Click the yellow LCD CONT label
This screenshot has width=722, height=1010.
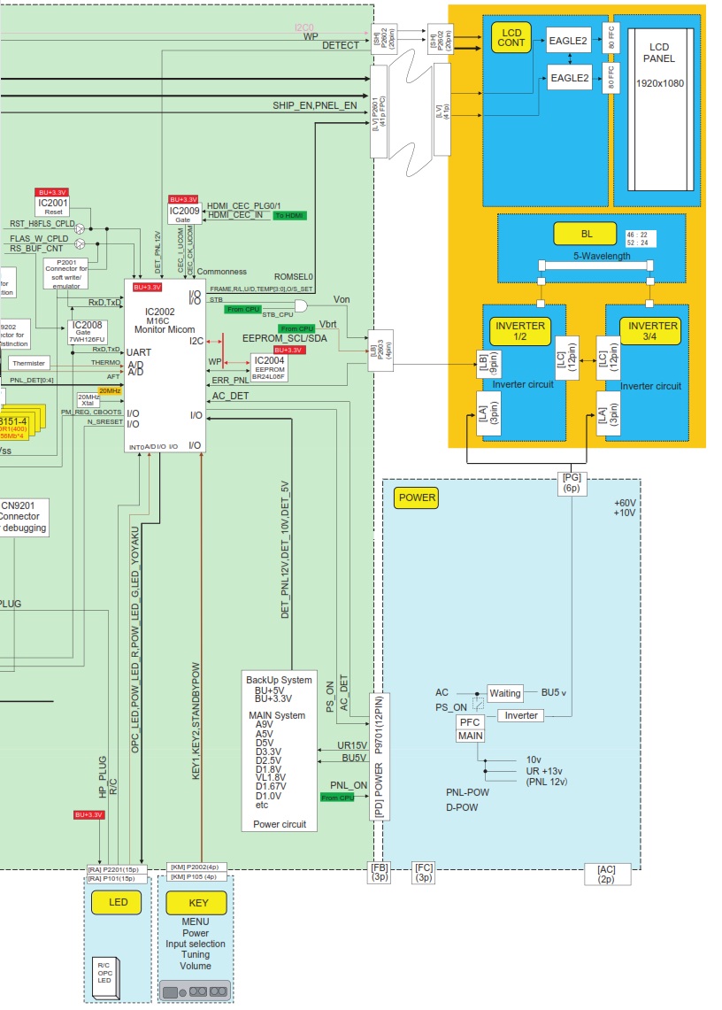(x=511, y=36)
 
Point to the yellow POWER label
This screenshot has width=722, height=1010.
(x=417, y=497)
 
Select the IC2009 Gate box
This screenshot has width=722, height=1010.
(x=183, y=213)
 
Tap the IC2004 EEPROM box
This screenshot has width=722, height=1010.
(x=268, y=366)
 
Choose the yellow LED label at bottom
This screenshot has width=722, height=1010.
(x=118, y=903)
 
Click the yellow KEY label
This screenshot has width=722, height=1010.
(x=196, y=903)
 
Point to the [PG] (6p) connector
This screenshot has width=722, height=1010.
(x=572, y=482)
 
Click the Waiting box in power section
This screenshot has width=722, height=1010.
(x=505, y=693)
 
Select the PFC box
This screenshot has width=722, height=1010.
(x=470, y=722)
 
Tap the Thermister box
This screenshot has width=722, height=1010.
(x=29, y=364)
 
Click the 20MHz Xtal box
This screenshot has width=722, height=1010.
(x=88, y=400)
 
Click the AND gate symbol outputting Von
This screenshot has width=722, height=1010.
(x=301, y=306)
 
